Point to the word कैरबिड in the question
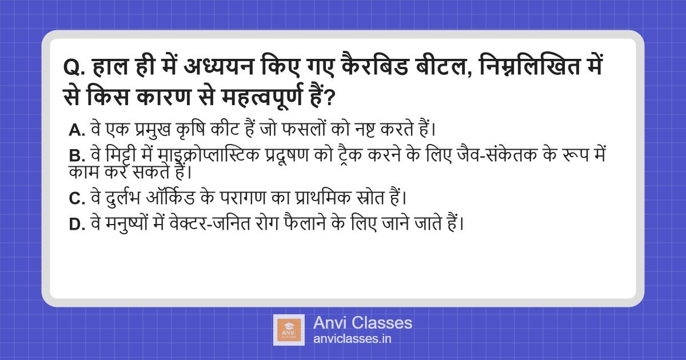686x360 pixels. pos(374,66)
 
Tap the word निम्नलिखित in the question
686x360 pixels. pos(526,66)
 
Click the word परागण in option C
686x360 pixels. pos(242,198)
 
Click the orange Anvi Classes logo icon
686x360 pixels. pos(289,330)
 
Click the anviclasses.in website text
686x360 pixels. pos(352,339)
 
